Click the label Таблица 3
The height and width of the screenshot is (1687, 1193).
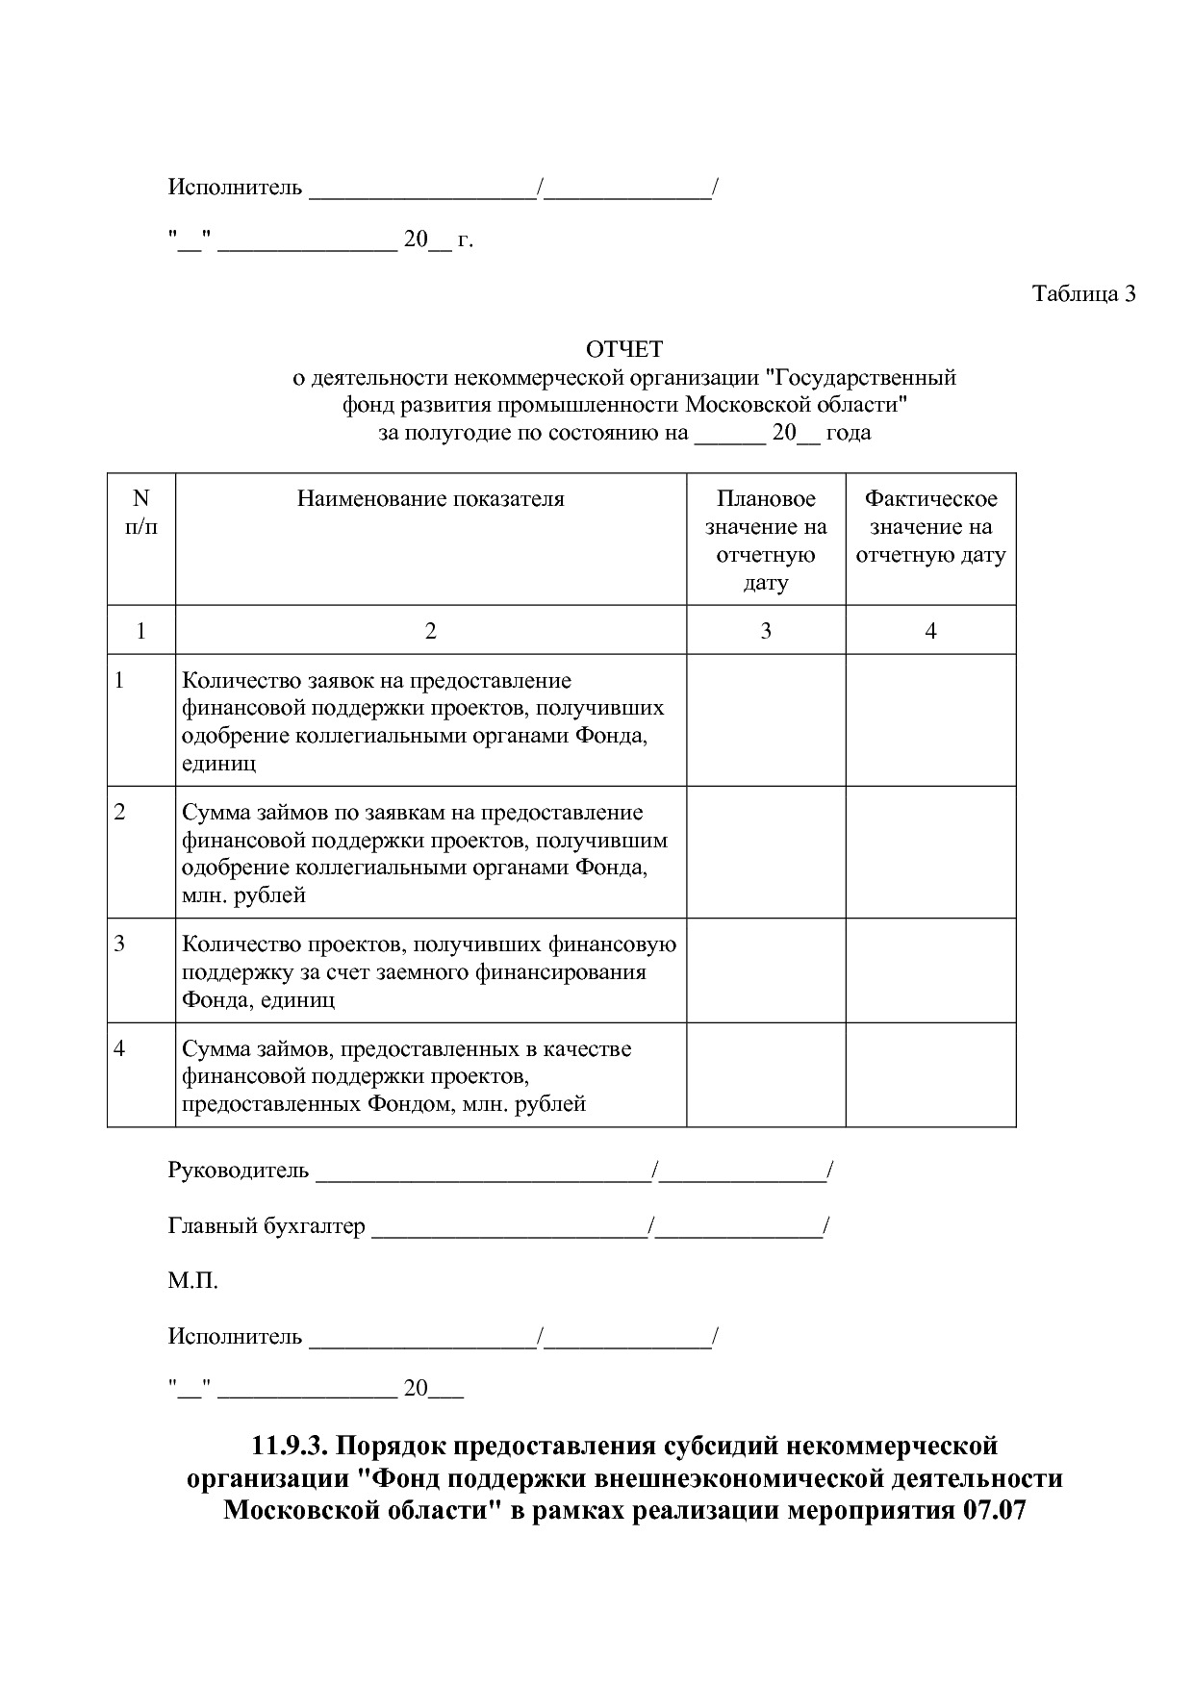point(1083,293)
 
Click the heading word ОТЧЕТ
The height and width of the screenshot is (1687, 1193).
point(624,349)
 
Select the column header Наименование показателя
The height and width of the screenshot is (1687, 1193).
point(430,498)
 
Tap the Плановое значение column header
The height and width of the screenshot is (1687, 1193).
point(766,540)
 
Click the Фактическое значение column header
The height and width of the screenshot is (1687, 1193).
point(930,526)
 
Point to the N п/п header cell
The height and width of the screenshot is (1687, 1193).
point(141,512)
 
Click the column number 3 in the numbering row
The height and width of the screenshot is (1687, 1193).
point(766,631)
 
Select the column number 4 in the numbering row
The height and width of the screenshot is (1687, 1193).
point(930,631)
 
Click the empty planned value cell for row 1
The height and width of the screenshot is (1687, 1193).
point(766,720)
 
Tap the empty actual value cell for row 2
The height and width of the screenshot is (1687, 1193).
point(930,852)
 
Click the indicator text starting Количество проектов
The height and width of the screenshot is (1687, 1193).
point(429,970)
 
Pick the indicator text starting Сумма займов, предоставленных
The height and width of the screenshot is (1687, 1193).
point(407,1075)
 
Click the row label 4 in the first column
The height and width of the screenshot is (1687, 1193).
point(119,1048)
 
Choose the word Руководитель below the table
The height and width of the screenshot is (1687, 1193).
point(239,1171)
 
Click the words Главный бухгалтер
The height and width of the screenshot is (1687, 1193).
point(267,1226)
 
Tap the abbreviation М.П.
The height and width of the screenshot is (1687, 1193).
point(192,1281)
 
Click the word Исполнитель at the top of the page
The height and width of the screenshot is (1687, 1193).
point(235,187)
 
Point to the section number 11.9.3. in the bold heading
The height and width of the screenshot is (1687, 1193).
point(291,1446)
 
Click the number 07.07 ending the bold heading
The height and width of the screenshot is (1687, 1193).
point(994,1510)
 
